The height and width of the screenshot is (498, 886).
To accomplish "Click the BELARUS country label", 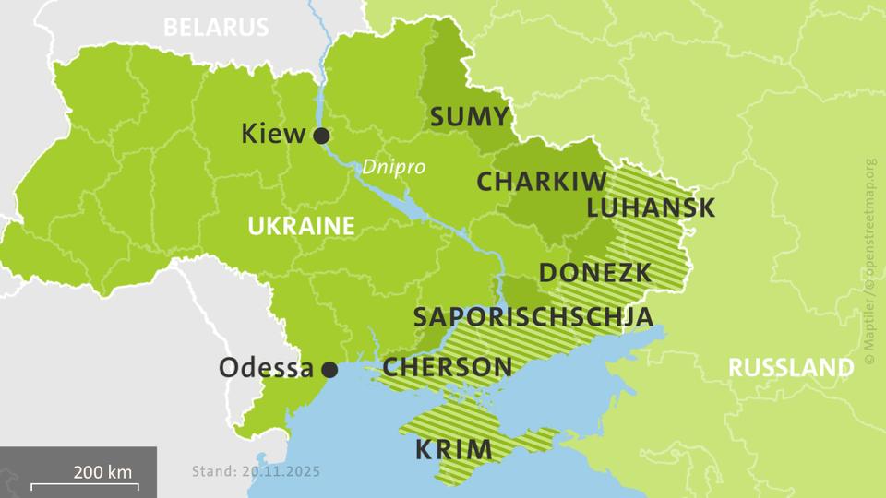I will coord(216,27).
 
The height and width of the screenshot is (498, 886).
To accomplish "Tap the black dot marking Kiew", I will coord(321,136).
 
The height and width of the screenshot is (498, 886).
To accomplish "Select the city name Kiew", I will coord(272,135).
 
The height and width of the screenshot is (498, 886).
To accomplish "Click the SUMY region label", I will coord(470,117).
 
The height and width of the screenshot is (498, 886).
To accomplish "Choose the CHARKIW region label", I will coord(541,182).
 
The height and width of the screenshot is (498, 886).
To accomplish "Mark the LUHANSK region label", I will coord(651,207).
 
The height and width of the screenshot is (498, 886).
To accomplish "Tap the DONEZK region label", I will coord(595,273).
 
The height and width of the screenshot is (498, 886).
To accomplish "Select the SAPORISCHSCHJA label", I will coord(533,316).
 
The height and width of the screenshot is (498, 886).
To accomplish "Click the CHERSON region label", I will coord(448,367).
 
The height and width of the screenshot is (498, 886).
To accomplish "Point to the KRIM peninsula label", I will coord(453,450).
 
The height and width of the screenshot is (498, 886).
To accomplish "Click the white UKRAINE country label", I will coord(300,226).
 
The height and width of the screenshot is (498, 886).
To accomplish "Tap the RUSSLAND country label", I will coord(791,367).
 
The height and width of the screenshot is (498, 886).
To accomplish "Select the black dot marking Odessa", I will coord(329,370).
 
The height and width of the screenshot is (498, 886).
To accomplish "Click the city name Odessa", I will coord(266,368).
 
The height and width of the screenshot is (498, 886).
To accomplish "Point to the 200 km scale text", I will coord(103,471).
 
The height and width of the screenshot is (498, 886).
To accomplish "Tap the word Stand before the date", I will coord(212,471).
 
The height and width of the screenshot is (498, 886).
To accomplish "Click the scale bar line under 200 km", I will coord(84,485).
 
